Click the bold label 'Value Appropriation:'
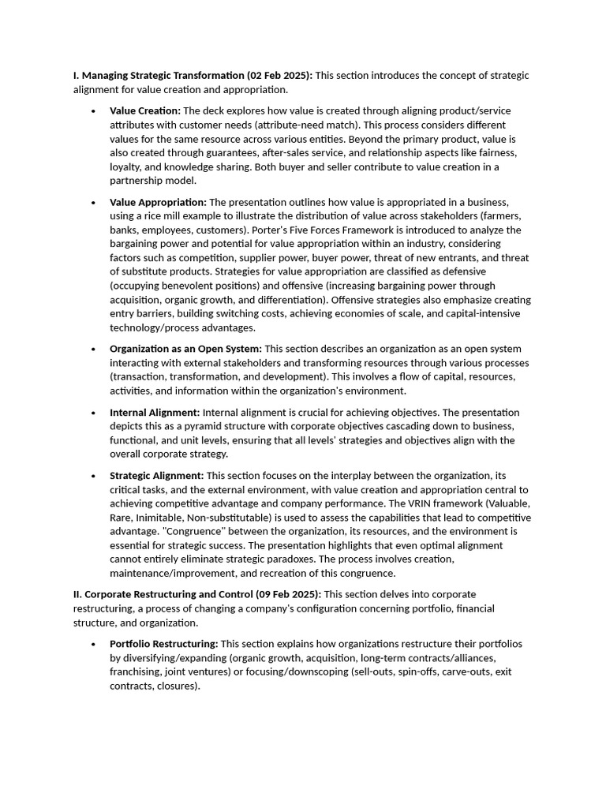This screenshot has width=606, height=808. click(158, 202)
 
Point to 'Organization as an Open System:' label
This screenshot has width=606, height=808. click(185, 349)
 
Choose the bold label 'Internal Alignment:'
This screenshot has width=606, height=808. click(155, 412)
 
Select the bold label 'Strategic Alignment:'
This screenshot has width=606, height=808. click(156, 475)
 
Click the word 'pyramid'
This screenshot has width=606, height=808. click(181, 426)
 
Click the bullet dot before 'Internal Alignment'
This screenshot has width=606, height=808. click(94, 413)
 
